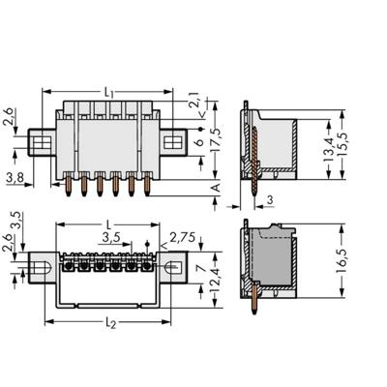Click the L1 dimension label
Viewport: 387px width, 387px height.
pos(108,92)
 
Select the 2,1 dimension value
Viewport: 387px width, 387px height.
pos(193,99)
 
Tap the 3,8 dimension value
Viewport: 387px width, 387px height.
pos(15,177)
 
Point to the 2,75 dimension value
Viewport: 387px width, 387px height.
pos(179,236)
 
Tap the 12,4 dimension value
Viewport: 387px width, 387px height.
pos(215,286)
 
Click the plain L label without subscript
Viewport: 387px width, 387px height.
pos(106,223)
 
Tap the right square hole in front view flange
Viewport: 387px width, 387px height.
pos(171,143)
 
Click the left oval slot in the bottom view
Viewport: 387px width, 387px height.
pos(43,265)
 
